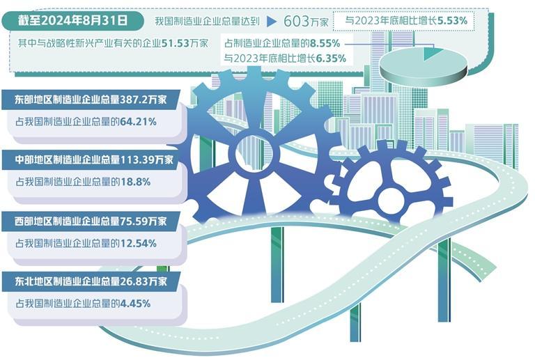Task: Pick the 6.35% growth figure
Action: click(x=331, y=59)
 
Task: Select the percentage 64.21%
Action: click(x=137, y=122)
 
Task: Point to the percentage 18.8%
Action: click(x=134, y=182)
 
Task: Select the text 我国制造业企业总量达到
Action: click(x=208, y=22)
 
